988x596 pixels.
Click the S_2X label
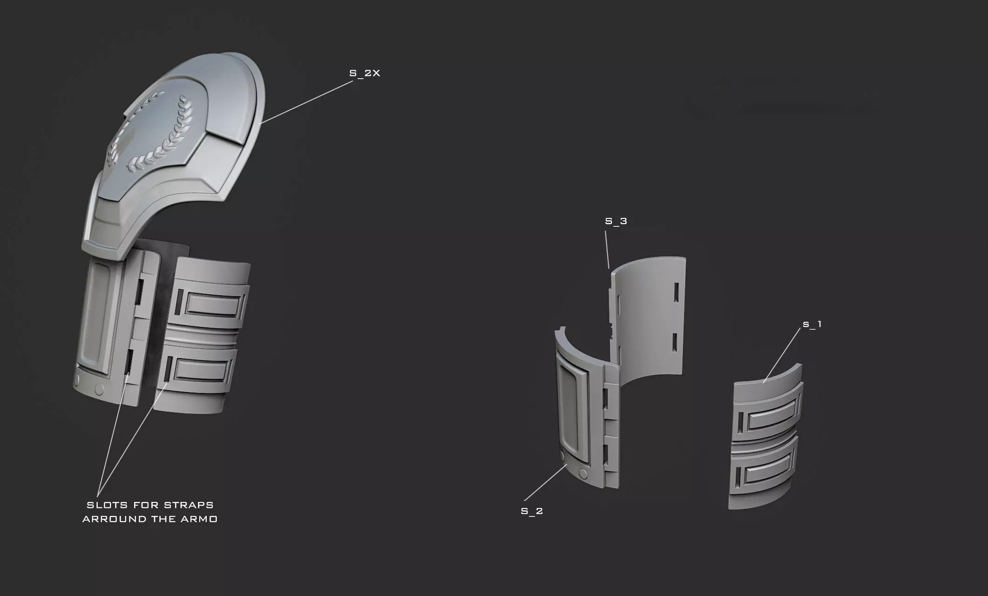[365, 73]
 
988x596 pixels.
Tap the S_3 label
[616, 221]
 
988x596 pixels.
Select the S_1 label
[812, 324]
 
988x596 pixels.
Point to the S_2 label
[532, 511]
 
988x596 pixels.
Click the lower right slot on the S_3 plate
[674, 342]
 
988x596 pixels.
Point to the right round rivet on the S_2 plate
[583, 474]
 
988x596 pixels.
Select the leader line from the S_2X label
[307, 102]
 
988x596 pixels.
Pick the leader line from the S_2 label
[545, 482]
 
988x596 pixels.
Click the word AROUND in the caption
[114, 519]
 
